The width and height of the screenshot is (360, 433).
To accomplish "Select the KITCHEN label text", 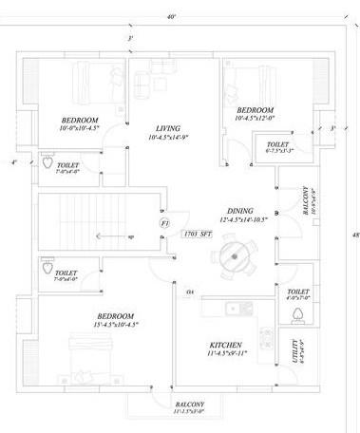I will click(x=228, y=344).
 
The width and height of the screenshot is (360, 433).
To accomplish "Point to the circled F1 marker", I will click(x=164, y=223).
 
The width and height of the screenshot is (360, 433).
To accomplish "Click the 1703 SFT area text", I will click(x=198, y=233).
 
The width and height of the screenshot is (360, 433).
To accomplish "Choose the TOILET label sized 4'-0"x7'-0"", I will click(x=297, y=295).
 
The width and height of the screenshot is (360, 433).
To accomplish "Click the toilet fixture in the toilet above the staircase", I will click(x=46, y=162).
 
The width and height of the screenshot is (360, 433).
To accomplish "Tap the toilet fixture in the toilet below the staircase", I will click(x=46, y=270).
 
